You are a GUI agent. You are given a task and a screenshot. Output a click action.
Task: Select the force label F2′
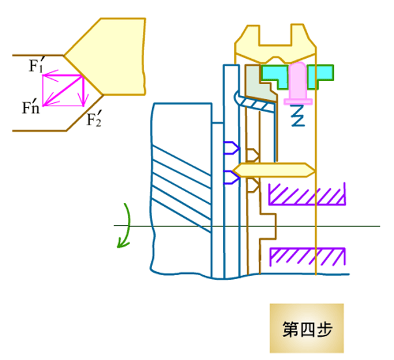click(x=94, y=119)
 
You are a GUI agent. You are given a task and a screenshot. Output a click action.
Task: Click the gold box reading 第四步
click(x=307, y=328)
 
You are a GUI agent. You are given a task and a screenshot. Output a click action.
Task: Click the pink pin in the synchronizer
click(x=298, y=83)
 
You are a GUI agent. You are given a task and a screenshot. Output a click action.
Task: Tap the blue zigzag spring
click(x=297, y=115)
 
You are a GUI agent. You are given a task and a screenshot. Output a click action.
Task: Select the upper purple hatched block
click(x=307, y=194)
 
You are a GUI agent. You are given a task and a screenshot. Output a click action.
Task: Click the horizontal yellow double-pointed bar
click(x=273, y=170)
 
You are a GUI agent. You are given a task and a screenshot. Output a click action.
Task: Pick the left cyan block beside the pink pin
click(x=275, y=76)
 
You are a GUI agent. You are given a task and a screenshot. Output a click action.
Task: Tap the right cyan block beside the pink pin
click(x=321, y=76)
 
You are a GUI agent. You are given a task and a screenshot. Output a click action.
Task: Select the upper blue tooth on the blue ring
click(x=231, y=148)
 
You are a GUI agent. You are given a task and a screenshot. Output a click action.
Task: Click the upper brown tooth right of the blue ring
click(x=252, y=155)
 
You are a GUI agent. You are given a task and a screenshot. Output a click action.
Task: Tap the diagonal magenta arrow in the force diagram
click(x=63, y=91)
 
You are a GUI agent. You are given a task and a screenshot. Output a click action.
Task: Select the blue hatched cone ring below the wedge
click(x=255, y=104)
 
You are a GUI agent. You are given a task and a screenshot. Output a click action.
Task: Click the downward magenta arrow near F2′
click(x=83, y=91)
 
